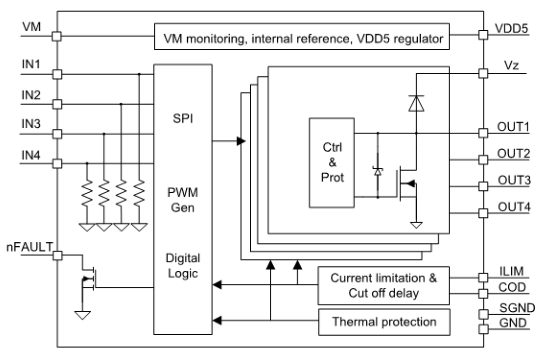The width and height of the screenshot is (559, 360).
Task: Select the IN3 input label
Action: click(x=31, y=124)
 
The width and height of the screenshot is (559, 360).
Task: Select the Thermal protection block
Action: click(x=383, y=322)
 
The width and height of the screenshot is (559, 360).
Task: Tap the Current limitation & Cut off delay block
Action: click(x=383, y=286)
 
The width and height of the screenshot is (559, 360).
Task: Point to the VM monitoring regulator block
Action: click(x=301, y=37)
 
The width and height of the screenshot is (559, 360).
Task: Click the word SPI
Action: click(x=183, y=118)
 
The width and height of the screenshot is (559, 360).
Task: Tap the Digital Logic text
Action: click(x=183, y=265)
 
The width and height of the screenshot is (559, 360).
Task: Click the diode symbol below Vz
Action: click(x=416, y=103)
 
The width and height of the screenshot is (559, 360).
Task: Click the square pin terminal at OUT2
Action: click(x=483, y=159)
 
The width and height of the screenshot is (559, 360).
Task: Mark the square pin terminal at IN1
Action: click(x=57, y=74)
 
